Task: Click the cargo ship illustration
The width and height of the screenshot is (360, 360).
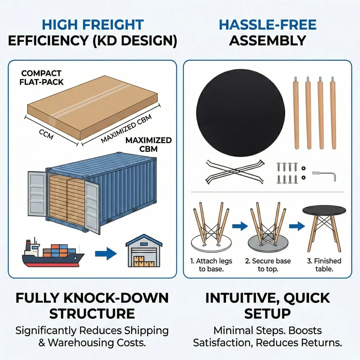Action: (53, 254)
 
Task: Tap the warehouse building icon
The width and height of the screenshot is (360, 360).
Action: (144, 251)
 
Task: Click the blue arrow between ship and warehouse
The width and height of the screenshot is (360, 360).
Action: (106, 253)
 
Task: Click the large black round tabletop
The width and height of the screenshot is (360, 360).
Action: (240, 113)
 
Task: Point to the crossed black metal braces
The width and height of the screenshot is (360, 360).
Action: (235, 172)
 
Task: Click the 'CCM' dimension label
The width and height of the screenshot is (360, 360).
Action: (46, 134)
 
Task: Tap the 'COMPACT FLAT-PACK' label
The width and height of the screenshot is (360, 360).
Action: (41, 78)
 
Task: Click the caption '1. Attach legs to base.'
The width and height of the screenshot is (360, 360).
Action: (211, 265)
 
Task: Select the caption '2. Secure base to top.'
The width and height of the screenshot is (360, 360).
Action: (268, 265)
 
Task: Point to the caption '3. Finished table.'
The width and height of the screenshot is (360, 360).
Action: (324, 265)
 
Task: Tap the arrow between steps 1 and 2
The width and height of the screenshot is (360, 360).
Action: (240, 226)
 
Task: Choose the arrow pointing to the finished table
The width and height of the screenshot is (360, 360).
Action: (297, 226)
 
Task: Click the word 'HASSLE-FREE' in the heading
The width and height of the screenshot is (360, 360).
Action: (268, 25)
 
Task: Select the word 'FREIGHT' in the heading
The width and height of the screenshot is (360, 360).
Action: (113, 25)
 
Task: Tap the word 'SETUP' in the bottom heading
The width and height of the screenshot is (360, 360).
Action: (267, 314)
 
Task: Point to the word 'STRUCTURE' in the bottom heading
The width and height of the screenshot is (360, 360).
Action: (92, 314)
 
